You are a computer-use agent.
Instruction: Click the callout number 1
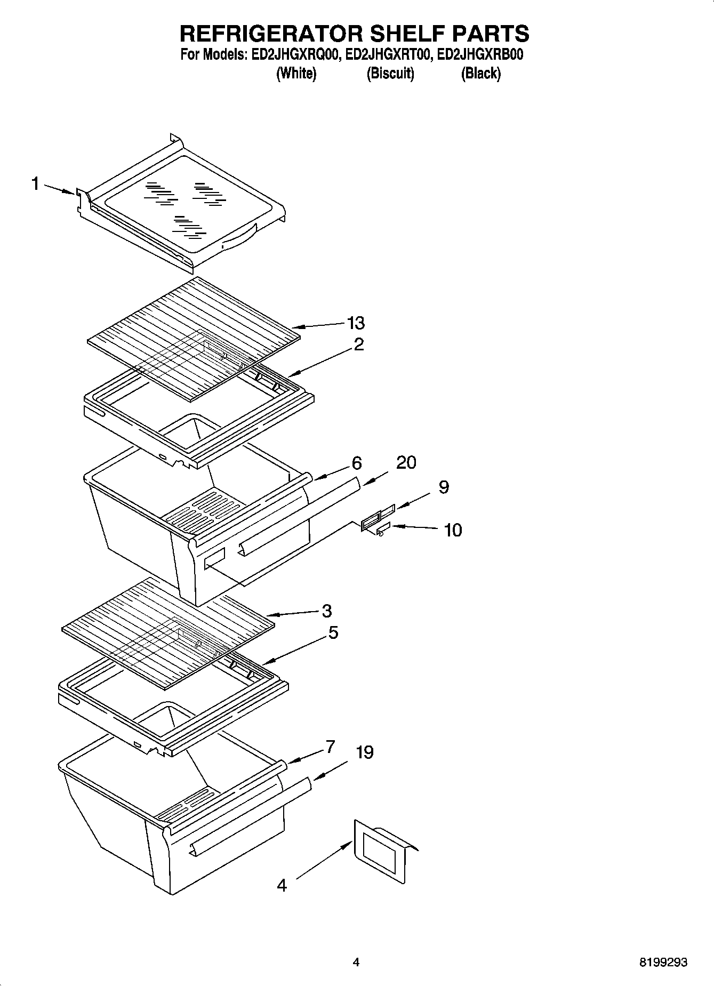(35, 184)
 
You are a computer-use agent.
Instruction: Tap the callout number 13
(356, 323)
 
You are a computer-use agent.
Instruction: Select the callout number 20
(406, 462)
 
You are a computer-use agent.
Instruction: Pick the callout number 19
(365, 752)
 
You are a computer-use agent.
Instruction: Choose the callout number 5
(333, 632)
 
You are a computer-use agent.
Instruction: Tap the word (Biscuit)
(390, 74)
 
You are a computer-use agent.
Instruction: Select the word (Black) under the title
(480, 74)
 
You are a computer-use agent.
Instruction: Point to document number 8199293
(663, 963)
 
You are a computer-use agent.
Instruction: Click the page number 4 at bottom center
(356, 963)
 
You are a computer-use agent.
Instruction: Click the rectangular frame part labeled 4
(379, 855)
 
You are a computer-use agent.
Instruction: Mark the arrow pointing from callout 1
(59, 189)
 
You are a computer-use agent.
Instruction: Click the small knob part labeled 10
(382, 531)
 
